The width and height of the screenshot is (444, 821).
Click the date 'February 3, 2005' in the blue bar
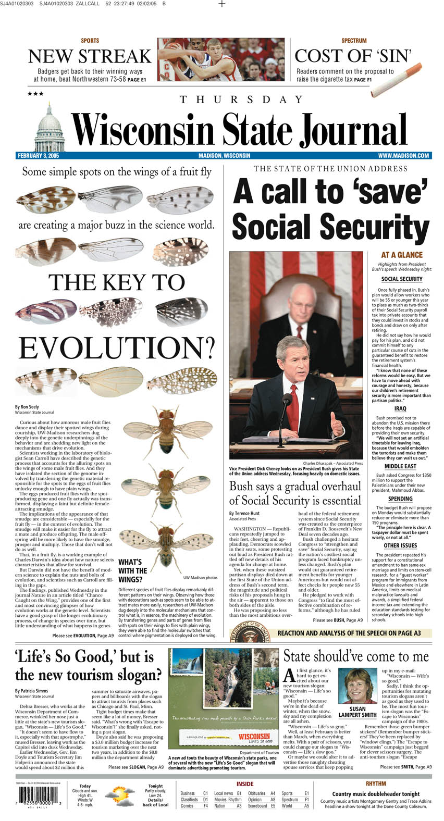[38, 155]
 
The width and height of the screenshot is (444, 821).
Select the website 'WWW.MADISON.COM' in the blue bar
[403, 155]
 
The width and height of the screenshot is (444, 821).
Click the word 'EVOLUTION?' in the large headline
[116, 348]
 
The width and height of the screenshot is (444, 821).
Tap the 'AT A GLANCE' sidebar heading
[401, 255]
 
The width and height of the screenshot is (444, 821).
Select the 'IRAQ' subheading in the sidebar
[400, 408]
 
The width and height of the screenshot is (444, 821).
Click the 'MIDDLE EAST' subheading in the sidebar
[400, 466]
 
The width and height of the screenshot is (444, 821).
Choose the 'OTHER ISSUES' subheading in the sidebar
[400, 545]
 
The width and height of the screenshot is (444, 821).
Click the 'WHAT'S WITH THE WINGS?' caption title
[133, 570]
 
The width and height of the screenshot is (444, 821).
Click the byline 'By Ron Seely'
[27, 407]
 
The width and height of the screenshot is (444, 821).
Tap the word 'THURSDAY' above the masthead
[241, 99]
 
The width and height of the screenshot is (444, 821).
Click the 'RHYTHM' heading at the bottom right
[375, 783]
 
